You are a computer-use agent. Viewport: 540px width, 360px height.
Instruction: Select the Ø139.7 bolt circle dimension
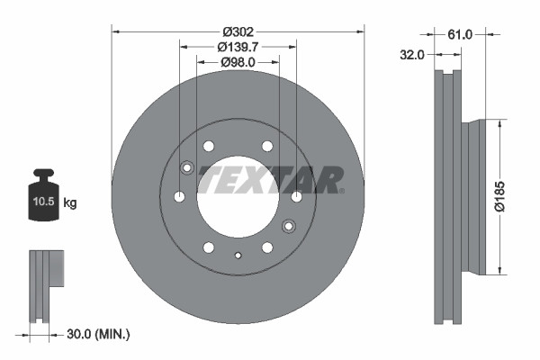[238, 46]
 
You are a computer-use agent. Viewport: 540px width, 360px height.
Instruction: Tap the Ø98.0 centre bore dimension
[238, 62]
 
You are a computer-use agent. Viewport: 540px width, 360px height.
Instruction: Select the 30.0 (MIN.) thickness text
[98, 335]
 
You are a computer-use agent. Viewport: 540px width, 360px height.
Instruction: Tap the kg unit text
[70, 203]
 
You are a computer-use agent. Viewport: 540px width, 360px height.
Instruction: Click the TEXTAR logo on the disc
[270, 179]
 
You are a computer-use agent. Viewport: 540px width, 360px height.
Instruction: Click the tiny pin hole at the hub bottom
[238, 256]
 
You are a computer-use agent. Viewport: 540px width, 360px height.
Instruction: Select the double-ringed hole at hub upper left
[187, 166]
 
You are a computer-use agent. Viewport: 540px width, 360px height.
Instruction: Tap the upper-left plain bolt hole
[209, 146]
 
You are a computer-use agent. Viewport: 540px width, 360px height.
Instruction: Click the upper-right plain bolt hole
[267, 146]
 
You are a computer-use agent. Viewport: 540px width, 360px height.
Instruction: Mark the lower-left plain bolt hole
[209, 247]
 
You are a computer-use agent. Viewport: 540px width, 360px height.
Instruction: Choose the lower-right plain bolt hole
[267, 247]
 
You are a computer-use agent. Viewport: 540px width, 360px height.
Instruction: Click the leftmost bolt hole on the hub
[179, 196]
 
